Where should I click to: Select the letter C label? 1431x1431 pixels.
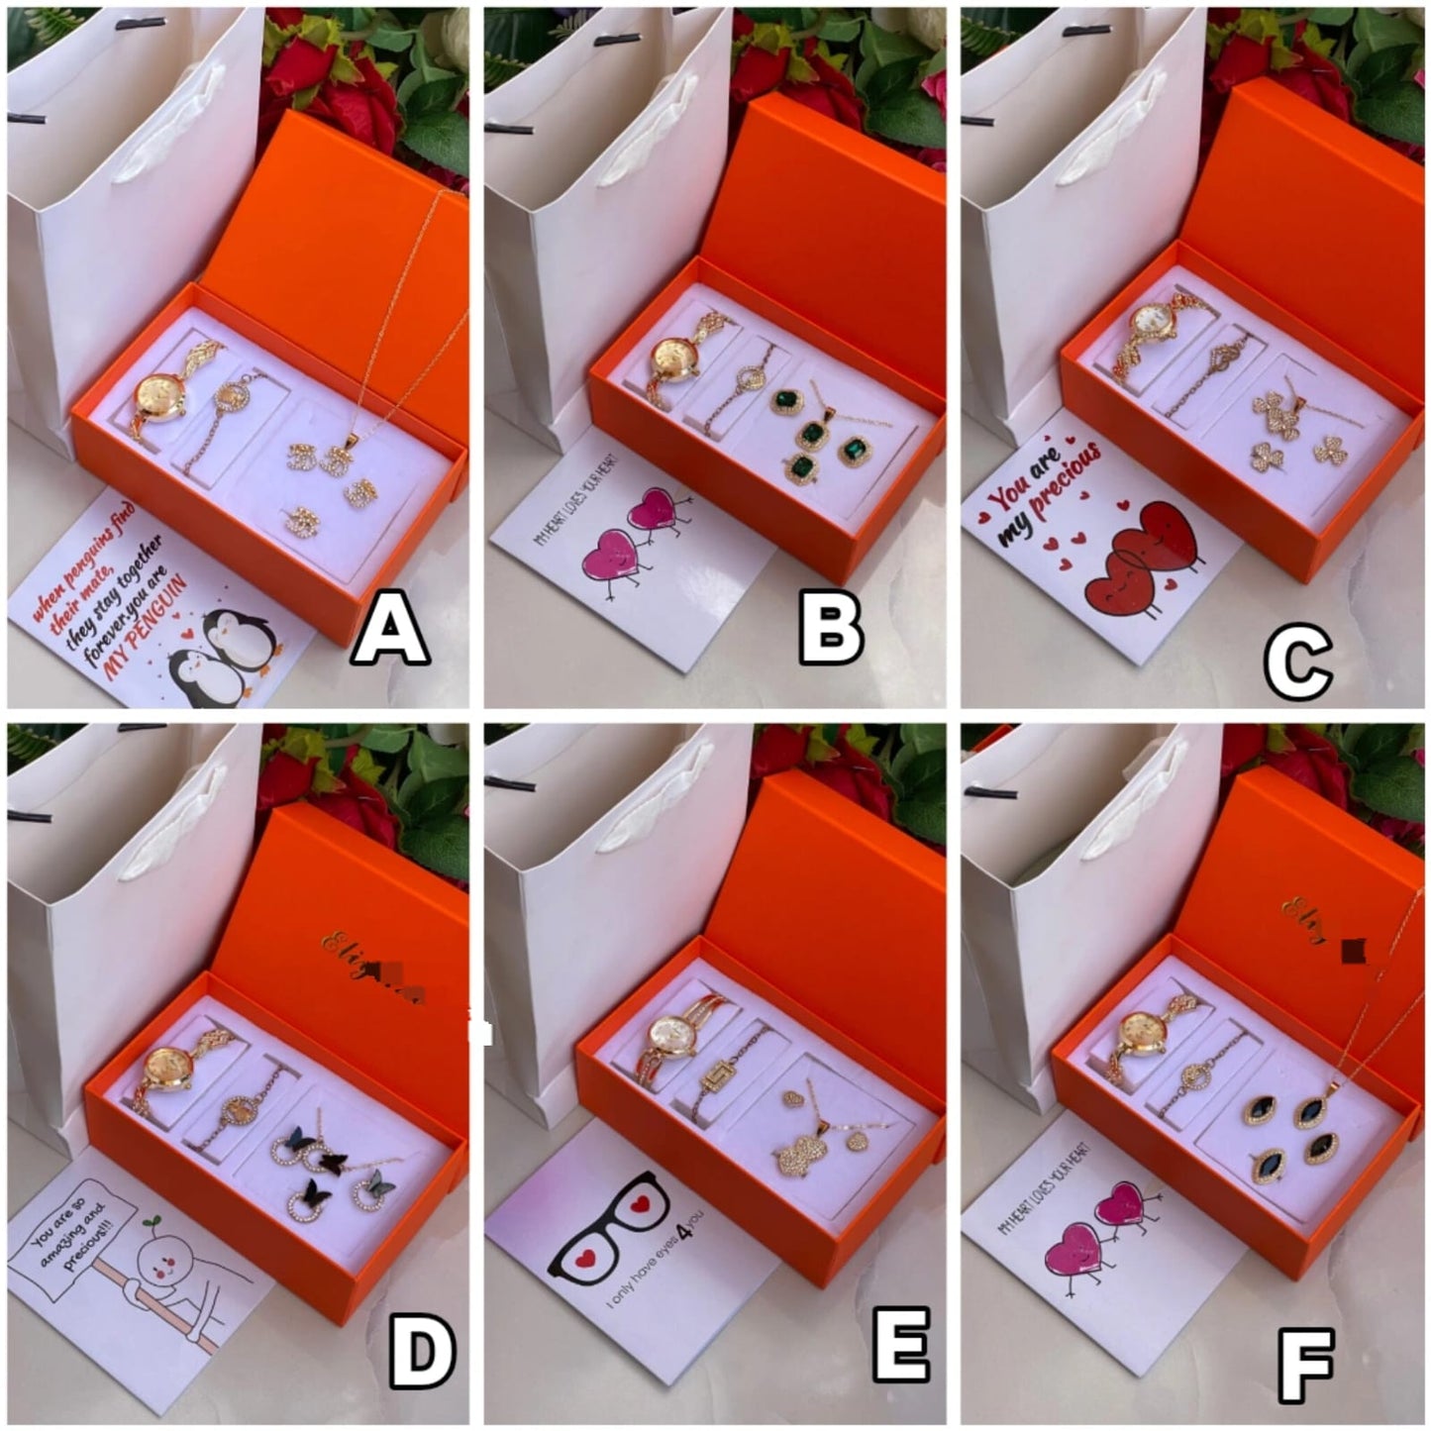pyautogui.click(x=1297, y=665)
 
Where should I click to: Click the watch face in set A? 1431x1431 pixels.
pyautogui.click(x=159, y=394)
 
